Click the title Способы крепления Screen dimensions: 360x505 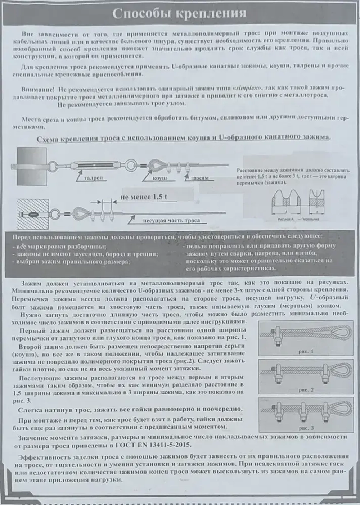[179, 13]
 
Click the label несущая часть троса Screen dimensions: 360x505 [171, 221]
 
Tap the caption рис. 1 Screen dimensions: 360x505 [306, 352]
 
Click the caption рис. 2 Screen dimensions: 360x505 [306, 390]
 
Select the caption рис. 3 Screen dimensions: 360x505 [306, 428]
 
